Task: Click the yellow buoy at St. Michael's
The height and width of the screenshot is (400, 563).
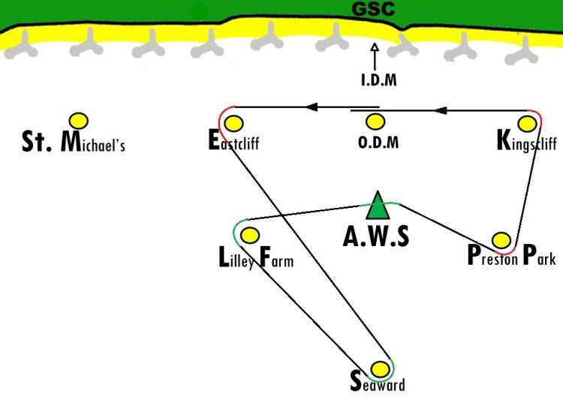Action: (79, 121)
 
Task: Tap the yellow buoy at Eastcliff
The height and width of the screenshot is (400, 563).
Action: (233, 124)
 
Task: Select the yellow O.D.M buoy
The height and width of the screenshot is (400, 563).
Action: (375, 122)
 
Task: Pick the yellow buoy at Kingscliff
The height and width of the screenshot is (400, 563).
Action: (528, 124)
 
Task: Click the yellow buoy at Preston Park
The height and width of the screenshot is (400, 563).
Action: (501, 240)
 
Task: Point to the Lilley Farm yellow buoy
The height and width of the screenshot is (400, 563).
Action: (250, 235)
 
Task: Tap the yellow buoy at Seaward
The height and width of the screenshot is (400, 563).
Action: (380, 368)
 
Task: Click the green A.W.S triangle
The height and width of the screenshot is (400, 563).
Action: (378, 206)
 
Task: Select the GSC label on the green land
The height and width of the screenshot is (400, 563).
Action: (373, 8)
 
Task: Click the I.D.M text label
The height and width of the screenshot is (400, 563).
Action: (379, 80)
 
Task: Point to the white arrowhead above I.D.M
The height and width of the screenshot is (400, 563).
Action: (375, 47)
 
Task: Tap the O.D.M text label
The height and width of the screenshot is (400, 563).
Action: (378, 142)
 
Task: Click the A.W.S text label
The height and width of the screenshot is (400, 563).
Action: (376, 236)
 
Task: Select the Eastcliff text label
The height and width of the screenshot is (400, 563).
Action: (233, 140)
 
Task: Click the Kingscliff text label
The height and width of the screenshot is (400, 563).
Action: (527, 141)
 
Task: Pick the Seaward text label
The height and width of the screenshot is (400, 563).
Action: (378, 382)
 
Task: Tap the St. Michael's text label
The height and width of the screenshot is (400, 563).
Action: (74, 142)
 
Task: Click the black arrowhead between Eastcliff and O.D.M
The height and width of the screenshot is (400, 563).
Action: (312, 107)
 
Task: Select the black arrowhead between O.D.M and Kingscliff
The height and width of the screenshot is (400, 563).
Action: (441, 110)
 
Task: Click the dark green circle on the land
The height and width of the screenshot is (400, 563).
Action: (199, 12)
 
